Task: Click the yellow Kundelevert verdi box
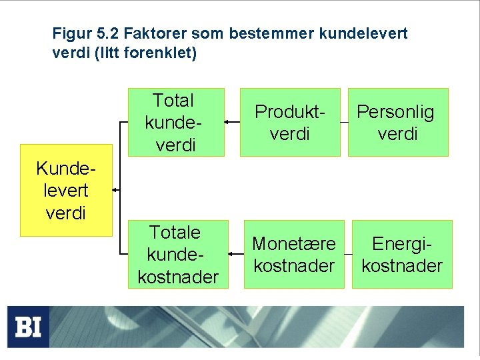click(x=66, y=190)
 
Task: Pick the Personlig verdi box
click(x=397, y=122)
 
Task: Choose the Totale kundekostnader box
click(x=177, y=254)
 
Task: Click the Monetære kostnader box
click(x=294, y=254)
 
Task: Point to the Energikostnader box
click(x=402, y=254)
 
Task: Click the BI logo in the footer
click(x=29, y=327)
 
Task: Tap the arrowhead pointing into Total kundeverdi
click(x=227, y=122)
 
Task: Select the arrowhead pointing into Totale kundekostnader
click(x=231, y=254)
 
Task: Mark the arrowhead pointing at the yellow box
click(x=116, y=190)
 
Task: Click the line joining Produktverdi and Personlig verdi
click(x=344, y=122)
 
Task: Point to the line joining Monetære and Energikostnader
click(x=348, y=254)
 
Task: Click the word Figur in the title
click(x=69, y=33)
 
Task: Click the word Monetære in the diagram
click(x=294, y=245)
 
